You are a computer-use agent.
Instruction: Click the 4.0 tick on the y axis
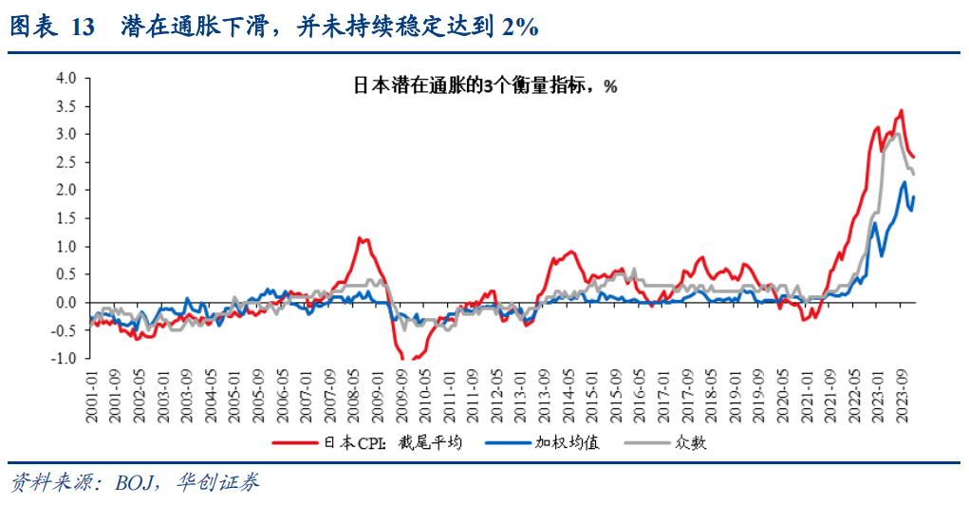64,78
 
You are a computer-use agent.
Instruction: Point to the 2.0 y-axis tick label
64,190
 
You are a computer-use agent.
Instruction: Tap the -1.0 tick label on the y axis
62,359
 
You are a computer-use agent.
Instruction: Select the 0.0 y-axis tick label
64,303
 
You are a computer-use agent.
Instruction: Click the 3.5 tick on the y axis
64,105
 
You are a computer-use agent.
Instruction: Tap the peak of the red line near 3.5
900,110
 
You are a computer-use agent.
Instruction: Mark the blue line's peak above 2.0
904,181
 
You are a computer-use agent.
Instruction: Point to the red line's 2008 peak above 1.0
360,237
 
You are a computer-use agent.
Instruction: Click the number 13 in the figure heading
83,28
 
